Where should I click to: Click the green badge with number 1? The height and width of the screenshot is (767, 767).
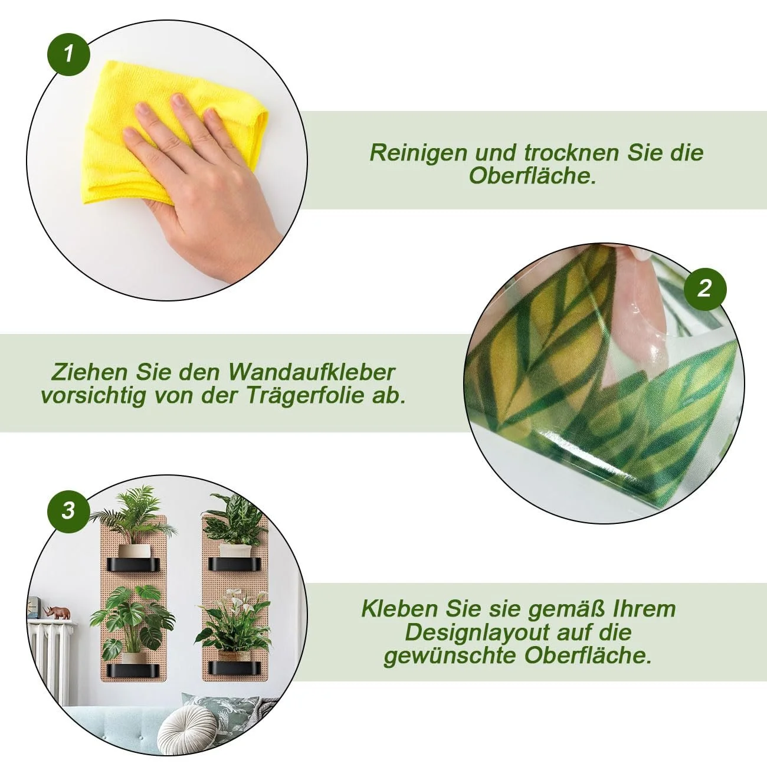pos(68,54)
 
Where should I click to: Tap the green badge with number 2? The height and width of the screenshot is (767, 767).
pos(705,289)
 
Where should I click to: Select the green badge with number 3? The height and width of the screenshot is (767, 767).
pos(68,511)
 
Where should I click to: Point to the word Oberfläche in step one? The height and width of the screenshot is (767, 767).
pos(533,176)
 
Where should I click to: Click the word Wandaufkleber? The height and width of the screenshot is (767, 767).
pos(312,372)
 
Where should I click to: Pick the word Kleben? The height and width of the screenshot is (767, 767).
pos(399,609)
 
